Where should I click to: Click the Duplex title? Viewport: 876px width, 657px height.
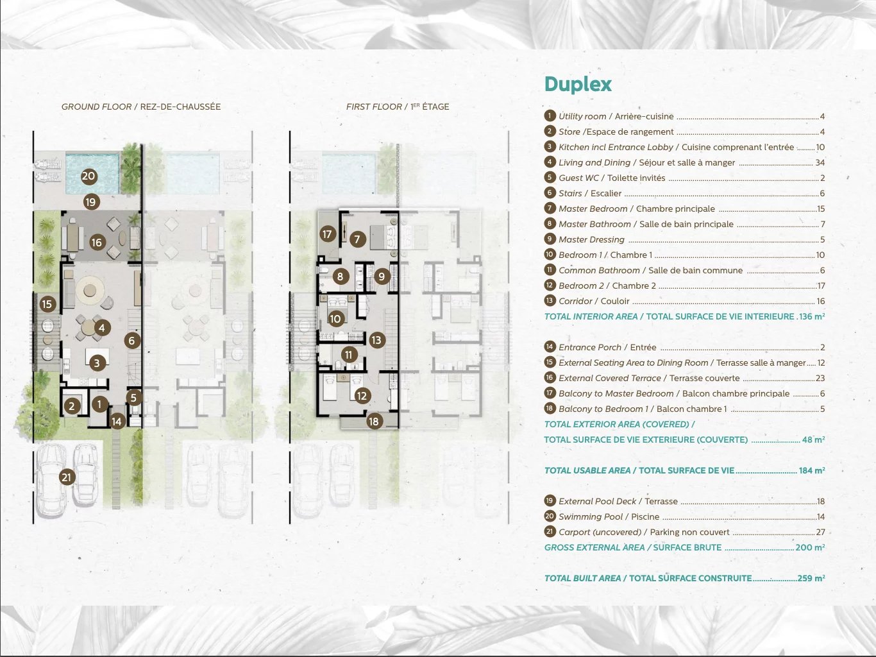coord(578,85)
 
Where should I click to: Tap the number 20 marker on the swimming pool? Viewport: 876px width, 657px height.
coord(88,176)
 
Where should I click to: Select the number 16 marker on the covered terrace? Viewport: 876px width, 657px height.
coord(97,243)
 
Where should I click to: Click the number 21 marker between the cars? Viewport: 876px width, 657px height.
coord(67,477)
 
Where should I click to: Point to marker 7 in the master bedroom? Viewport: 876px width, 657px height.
coord(357,239)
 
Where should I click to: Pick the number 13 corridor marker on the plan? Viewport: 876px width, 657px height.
coord(376,340)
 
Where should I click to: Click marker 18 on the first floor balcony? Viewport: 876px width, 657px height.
coord(374,421)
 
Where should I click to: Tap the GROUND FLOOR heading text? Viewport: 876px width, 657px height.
coord(96,107)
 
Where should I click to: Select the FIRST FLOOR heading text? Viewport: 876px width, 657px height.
coord(374,107)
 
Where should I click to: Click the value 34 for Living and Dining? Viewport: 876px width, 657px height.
coord(820,162)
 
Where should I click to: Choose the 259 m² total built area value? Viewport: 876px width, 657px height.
coord(811,578)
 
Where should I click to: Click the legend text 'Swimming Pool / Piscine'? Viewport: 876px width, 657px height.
coord(609,516)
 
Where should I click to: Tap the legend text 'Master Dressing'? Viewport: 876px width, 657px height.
coord(591,239)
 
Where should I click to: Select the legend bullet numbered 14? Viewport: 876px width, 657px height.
coord(550,347)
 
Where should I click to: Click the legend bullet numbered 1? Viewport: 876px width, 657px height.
coord(550,115)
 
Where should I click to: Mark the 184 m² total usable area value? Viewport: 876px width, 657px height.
coord(812,470)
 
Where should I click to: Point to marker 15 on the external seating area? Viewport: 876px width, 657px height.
coord(47,304)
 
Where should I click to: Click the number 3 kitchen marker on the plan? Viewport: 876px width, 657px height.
coord(97,363)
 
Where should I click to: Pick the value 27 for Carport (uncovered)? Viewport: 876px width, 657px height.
coord(820,532)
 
